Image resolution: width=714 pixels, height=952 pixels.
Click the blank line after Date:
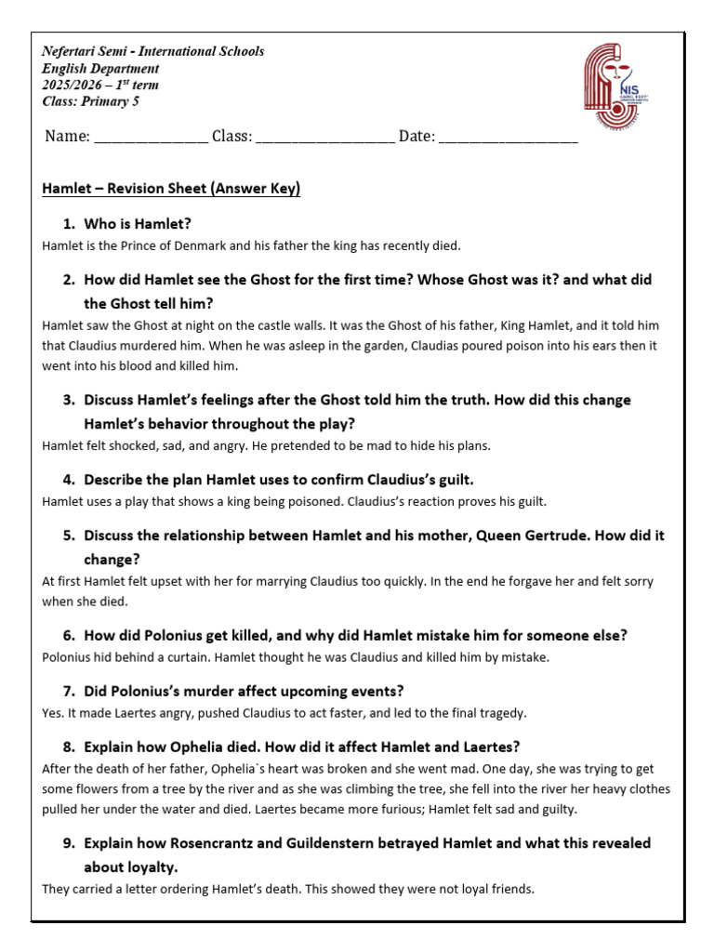tap(508, 137)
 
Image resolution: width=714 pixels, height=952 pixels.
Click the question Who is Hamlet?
tap(138, 224)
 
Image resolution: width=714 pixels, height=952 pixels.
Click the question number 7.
tap(68, 692)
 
